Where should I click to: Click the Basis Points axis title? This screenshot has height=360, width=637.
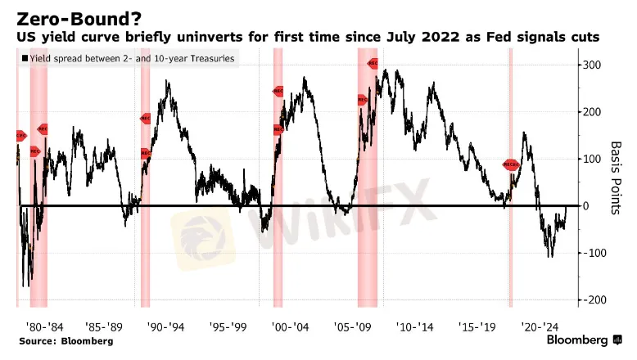coord(617,177)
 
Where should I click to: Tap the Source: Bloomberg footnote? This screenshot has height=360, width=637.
coord(66,340)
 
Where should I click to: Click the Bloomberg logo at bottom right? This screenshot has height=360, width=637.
coord(576,340)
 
